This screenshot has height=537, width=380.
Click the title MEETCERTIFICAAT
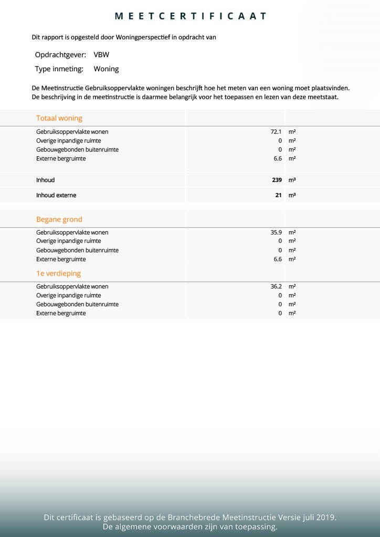click(x=191, y=16)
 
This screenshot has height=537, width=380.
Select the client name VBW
click(x=101, y=55)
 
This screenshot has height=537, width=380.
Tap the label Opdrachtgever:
click(x=60, y=55)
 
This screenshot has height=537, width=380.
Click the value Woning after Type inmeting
click(x=106, y=69)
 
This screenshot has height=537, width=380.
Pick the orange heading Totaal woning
click(x=59, y=118)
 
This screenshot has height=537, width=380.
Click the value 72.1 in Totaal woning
click(x=276, y=132)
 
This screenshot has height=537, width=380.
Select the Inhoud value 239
click(x=277, y=180)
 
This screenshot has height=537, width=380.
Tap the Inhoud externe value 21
click(x=279, y=195)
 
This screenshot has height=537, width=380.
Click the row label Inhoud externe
click(x=56, y=195)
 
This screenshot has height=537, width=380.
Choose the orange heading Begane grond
click(x=59, y=219)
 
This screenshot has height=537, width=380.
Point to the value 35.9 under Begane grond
click(x=276, y=232)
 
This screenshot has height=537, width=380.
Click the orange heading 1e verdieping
click(x=58, y=273)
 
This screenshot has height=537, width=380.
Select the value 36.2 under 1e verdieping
click(x=276, y=286)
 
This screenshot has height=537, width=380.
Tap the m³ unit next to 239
click(x=292, y=180)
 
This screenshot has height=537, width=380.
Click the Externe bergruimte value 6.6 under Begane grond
click(x=278, y=259)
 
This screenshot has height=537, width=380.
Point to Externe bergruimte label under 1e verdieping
click(x=61, y=313)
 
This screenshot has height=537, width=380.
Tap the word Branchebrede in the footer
click(x=197, y=518)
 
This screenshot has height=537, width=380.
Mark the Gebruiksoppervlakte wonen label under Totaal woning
click(x=72, y=132)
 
